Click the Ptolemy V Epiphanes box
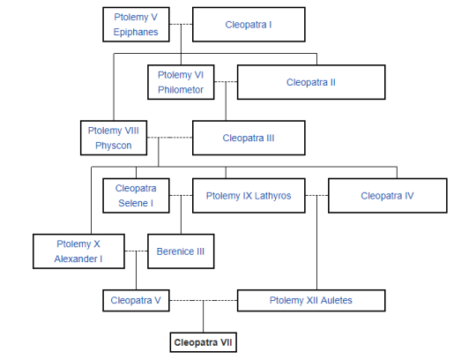(x=136, y=25)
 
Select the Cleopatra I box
(x=249, y=25)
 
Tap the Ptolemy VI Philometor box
(x=181, y=82)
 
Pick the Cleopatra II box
(x=311, y=82)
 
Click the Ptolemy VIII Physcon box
(x=114, y=138)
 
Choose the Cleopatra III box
(x=249, y=138)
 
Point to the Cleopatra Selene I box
(x=136, y=196)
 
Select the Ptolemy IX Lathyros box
(x=249, y=196)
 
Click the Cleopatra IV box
(x=387, y=196)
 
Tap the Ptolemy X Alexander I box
(x=78, y=251)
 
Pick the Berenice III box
(x=181, y=251)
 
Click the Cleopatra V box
(x=136, y=301)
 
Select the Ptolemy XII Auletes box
(x=311, y=301)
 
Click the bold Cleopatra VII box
(x=203, y=342)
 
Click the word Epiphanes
(x=136, y=32)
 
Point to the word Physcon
(x=114, y=146)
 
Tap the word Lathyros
(x=272, y=196)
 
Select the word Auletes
(x=337, y=300)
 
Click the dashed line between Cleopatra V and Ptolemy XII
(x=203, y=301)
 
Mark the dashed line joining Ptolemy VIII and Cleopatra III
(x=170, y=138)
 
